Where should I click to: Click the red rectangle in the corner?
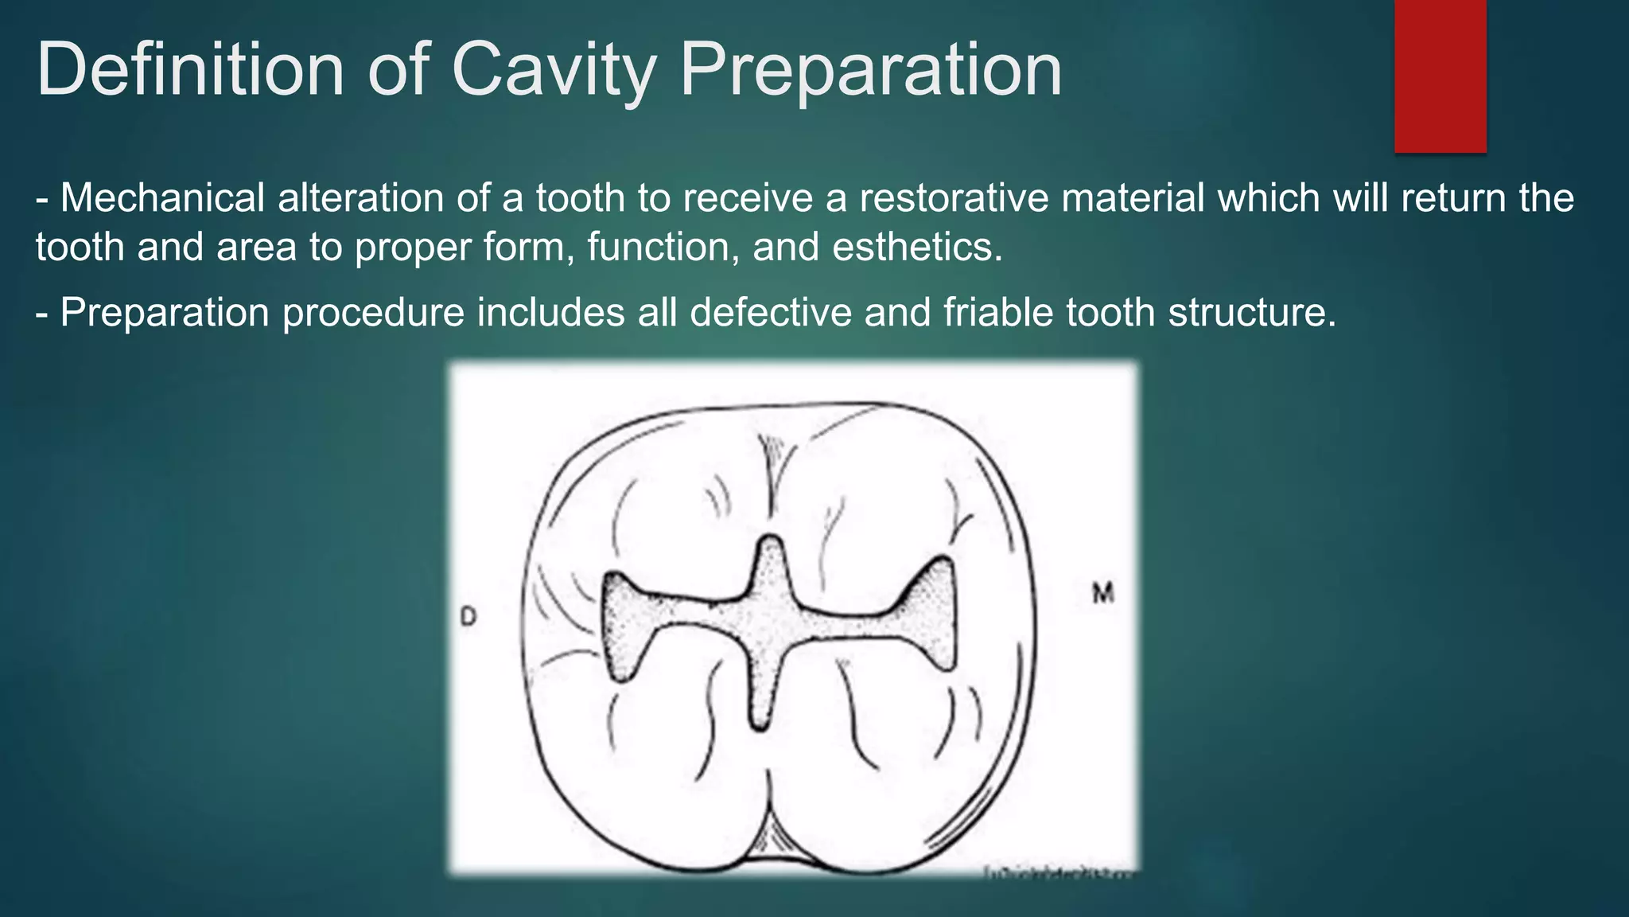point(1440,76)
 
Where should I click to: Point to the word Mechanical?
point(162,197)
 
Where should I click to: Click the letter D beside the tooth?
point(468,616)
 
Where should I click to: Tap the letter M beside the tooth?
point(1103,593)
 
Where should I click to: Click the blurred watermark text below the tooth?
point(1058,874)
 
